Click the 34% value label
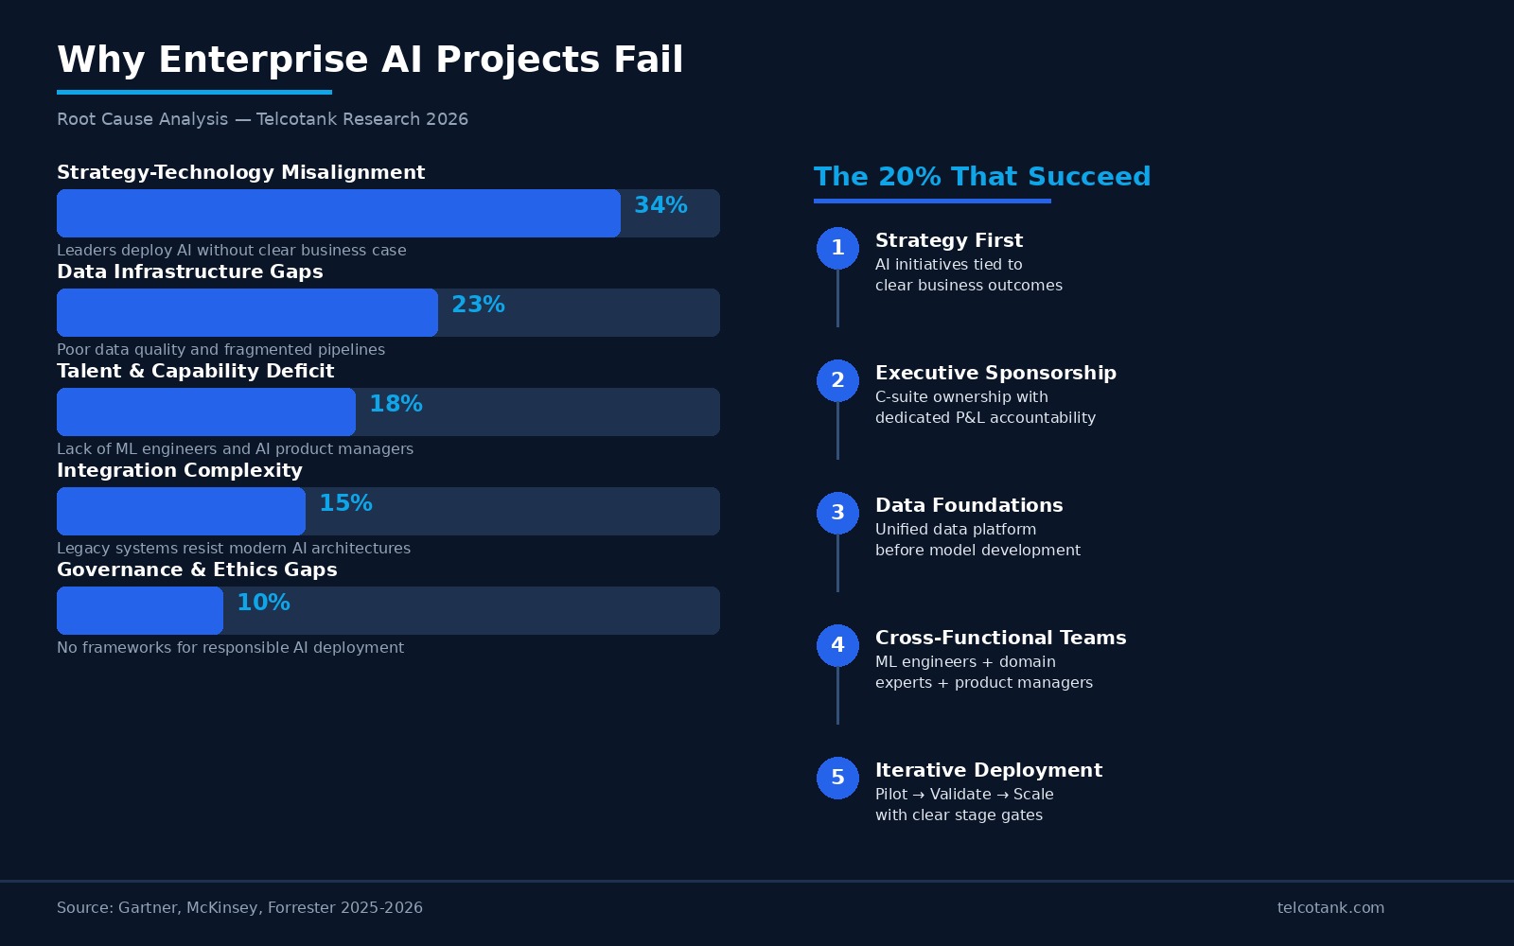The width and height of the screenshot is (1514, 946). coord(660,205)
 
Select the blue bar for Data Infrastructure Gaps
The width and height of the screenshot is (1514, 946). coord(247,312)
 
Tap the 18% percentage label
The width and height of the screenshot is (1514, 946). coord(396,404)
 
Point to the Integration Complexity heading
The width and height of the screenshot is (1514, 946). coord(180,470)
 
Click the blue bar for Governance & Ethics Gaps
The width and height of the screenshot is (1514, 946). coord(140,610)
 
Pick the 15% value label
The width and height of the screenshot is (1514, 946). coord(345,503)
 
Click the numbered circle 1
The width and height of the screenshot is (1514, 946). coord(837,248)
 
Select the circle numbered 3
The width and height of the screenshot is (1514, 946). coord(837,513)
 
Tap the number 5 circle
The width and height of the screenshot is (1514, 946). coord(837,778)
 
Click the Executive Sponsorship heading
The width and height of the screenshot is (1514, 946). coord(995,373)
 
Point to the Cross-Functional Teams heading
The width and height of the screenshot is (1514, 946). coord(1000,638)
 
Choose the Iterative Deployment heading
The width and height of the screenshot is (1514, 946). coord(988,770)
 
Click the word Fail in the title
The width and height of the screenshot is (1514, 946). coord(648,60)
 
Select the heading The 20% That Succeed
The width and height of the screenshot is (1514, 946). coord(981,177)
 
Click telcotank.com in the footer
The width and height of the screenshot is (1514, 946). coord(1330,908)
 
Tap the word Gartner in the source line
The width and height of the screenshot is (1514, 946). coord(148,908)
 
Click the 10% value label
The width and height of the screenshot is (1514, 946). coord(263,603)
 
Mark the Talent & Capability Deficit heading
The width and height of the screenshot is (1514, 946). coord(195,371)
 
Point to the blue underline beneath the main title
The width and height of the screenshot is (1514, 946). coord(194,92)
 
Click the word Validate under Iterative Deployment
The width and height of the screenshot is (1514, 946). coord(960,795)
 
